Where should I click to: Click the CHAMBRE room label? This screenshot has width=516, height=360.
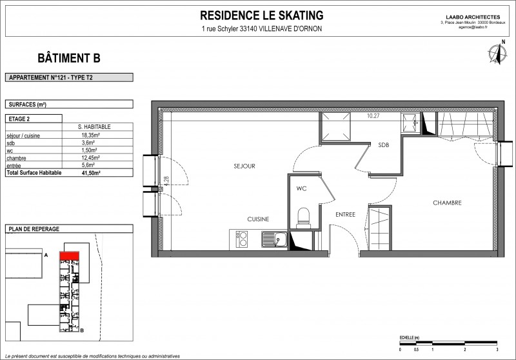pos(446,203)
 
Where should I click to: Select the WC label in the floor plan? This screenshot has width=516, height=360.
pos(301,189)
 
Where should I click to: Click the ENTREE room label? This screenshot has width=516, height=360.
pos(345,214)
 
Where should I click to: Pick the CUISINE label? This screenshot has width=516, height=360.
pos(258,219)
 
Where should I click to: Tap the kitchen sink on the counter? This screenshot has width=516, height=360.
pos(273,239)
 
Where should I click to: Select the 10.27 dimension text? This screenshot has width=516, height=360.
pos(373,117)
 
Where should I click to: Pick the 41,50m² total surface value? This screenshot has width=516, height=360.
pos(90,174)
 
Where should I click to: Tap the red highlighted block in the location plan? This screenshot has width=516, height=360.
pos(69,255)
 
